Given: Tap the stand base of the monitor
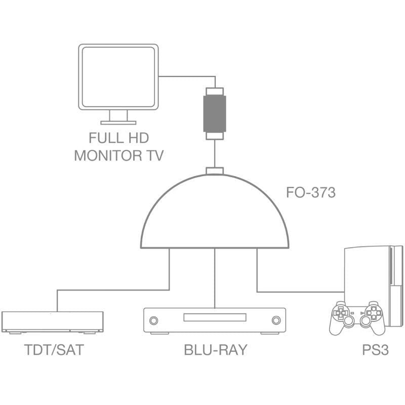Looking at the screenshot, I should tap(118, 122).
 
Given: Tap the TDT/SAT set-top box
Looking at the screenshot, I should tap(52, 321).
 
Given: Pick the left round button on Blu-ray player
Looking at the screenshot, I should tap(153, 320).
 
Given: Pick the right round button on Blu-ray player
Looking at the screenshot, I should tap(276, 320).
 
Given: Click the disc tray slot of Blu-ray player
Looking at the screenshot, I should tap(215, 317).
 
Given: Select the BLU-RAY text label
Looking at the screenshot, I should tap(215, 350).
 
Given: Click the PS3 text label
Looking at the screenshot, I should tap(361, 350).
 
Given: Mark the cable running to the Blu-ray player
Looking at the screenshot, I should tap(215, 278).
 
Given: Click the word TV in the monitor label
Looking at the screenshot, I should tap(153, 155).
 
